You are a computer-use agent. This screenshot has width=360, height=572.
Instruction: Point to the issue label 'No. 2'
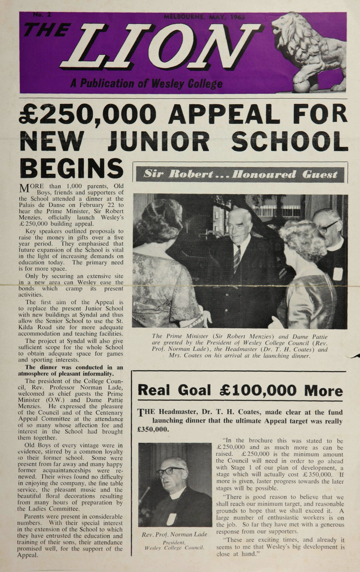click(42, 15)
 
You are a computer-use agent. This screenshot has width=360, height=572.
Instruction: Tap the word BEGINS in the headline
click(70, 168)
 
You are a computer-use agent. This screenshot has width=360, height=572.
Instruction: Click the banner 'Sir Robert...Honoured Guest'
click(240, 174)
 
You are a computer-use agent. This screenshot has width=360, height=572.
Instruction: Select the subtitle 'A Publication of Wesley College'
click(146, 84)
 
